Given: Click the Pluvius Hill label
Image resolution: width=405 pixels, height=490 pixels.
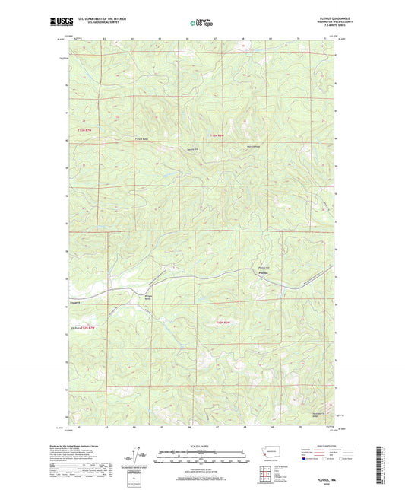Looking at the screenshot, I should point(264,266).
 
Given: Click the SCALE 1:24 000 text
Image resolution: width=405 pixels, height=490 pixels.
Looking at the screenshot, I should point(202,445).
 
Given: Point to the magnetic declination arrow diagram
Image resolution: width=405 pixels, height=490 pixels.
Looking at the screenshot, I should point(138,459).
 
